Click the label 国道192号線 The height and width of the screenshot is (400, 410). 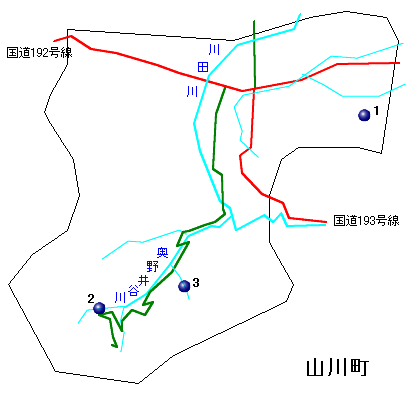coord(39,53)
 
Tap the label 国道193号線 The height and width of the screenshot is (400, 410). coord(366,221)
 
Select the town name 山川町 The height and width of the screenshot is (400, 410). coord(338,368)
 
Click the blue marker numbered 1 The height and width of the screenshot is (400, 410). coord(364,115)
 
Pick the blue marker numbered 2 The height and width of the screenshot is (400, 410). coord(99,308)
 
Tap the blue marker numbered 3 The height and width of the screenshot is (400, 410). coord(184,286)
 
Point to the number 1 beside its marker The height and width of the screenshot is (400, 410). coord(376,110)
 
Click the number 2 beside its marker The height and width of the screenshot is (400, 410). coord(91,299)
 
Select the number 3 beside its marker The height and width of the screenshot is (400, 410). coord(196,283)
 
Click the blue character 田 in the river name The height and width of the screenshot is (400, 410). coord(203,68)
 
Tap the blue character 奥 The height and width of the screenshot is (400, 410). coord(163,253)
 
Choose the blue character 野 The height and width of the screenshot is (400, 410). coord(153,266)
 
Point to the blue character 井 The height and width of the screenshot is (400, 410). coord(144,281)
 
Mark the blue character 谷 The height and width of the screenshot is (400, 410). coord(133,291)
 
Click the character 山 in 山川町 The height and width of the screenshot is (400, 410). coord(315,368)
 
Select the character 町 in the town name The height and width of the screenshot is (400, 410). coord(360,368)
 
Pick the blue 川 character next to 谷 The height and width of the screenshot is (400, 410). coord(120,297)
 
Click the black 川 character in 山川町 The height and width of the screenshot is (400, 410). coord(337,368)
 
